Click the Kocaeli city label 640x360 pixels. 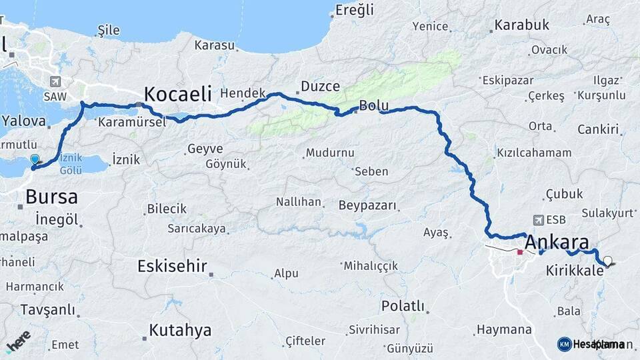(x=178, y=93)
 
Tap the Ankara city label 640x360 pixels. (x=557, y=241)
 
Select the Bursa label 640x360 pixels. (x=51, y=197)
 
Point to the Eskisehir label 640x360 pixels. (x=170, y=266)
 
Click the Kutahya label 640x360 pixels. (x=180, y=330)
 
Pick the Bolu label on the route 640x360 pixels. (x=373, y=105)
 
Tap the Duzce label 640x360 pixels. (x=320, y=86)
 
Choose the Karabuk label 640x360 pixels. (x=521, y=25)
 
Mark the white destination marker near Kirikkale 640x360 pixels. (x=607, y=261)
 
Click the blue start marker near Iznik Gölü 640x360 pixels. (x=35, y=160)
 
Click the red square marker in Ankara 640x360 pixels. (x=520, y=252)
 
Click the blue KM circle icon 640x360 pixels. (x=564, y=344)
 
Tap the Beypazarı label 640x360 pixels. (x=367, y=205)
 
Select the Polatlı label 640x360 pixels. (x=403, y=306)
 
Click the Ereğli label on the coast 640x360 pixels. (x=355, y=10)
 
